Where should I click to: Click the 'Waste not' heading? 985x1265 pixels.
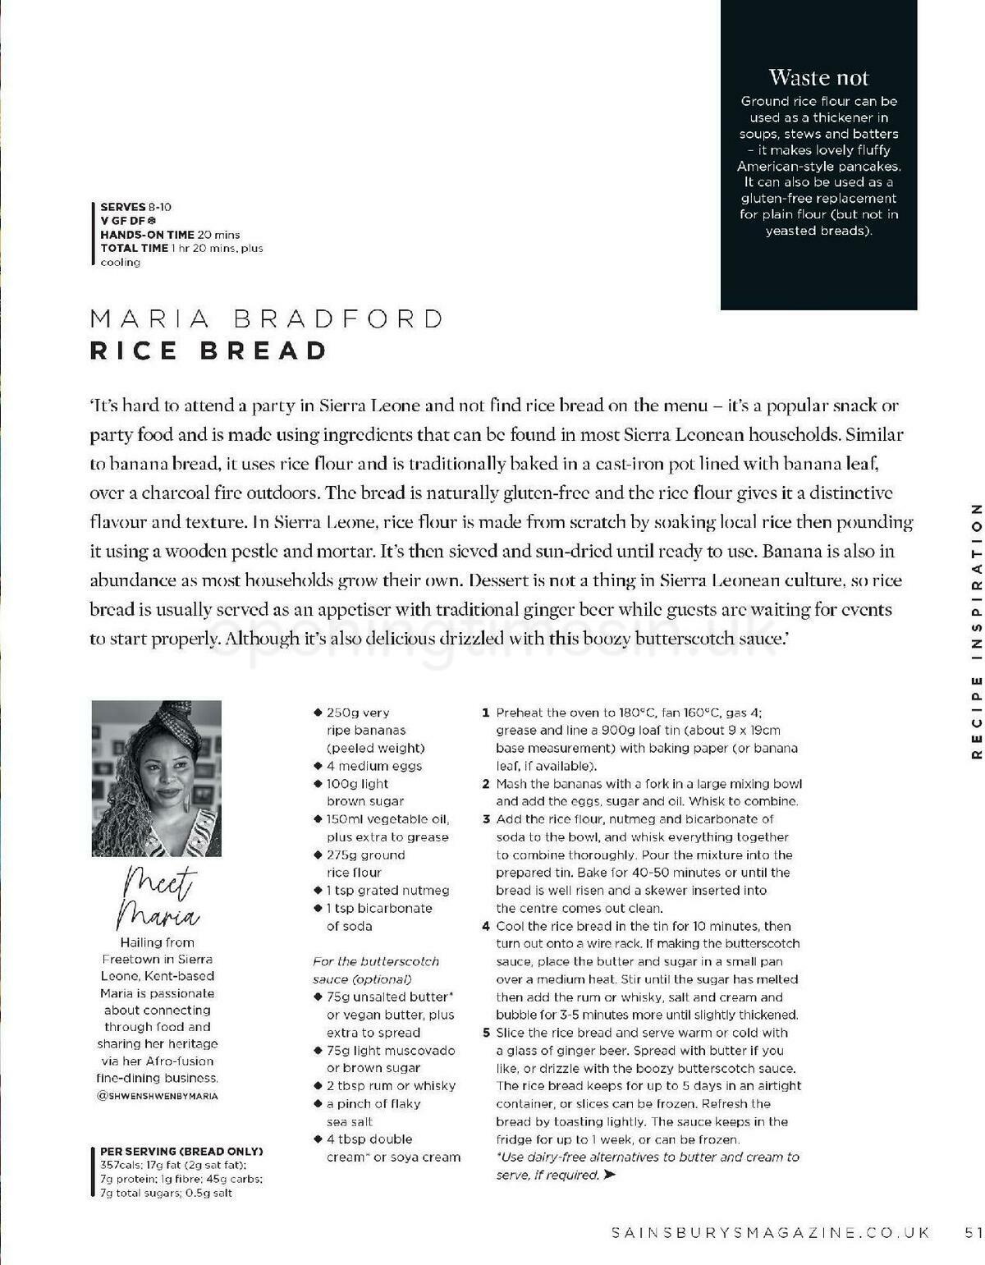[x=818, y=78]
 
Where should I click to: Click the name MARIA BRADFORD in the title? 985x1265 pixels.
[x=267, y=319]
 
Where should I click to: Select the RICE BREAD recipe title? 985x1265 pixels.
[x=208, y=351]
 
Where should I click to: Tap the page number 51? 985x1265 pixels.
[x=974, y=1232]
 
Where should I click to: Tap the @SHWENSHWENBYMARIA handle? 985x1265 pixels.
[x=157, y=1095]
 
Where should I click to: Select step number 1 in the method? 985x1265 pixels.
[x=486, y=713]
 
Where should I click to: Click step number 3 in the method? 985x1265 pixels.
[x=486, y=818]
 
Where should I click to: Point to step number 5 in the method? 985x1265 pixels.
[x=486, y=1033]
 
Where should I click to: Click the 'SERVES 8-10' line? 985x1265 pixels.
[x=135, y=207]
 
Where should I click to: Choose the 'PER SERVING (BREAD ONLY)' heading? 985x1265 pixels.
[x=181, y=1151]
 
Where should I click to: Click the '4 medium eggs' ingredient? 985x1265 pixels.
[x=373, y=766]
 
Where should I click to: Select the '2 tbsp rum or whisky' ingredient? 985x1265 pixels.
[x=391, y=1085]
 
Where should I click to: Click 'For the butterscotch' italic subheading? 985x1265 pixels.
[x=376, y=961]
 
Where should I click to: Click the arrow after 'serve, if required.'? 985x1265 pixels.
[x=609, y=1175]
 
